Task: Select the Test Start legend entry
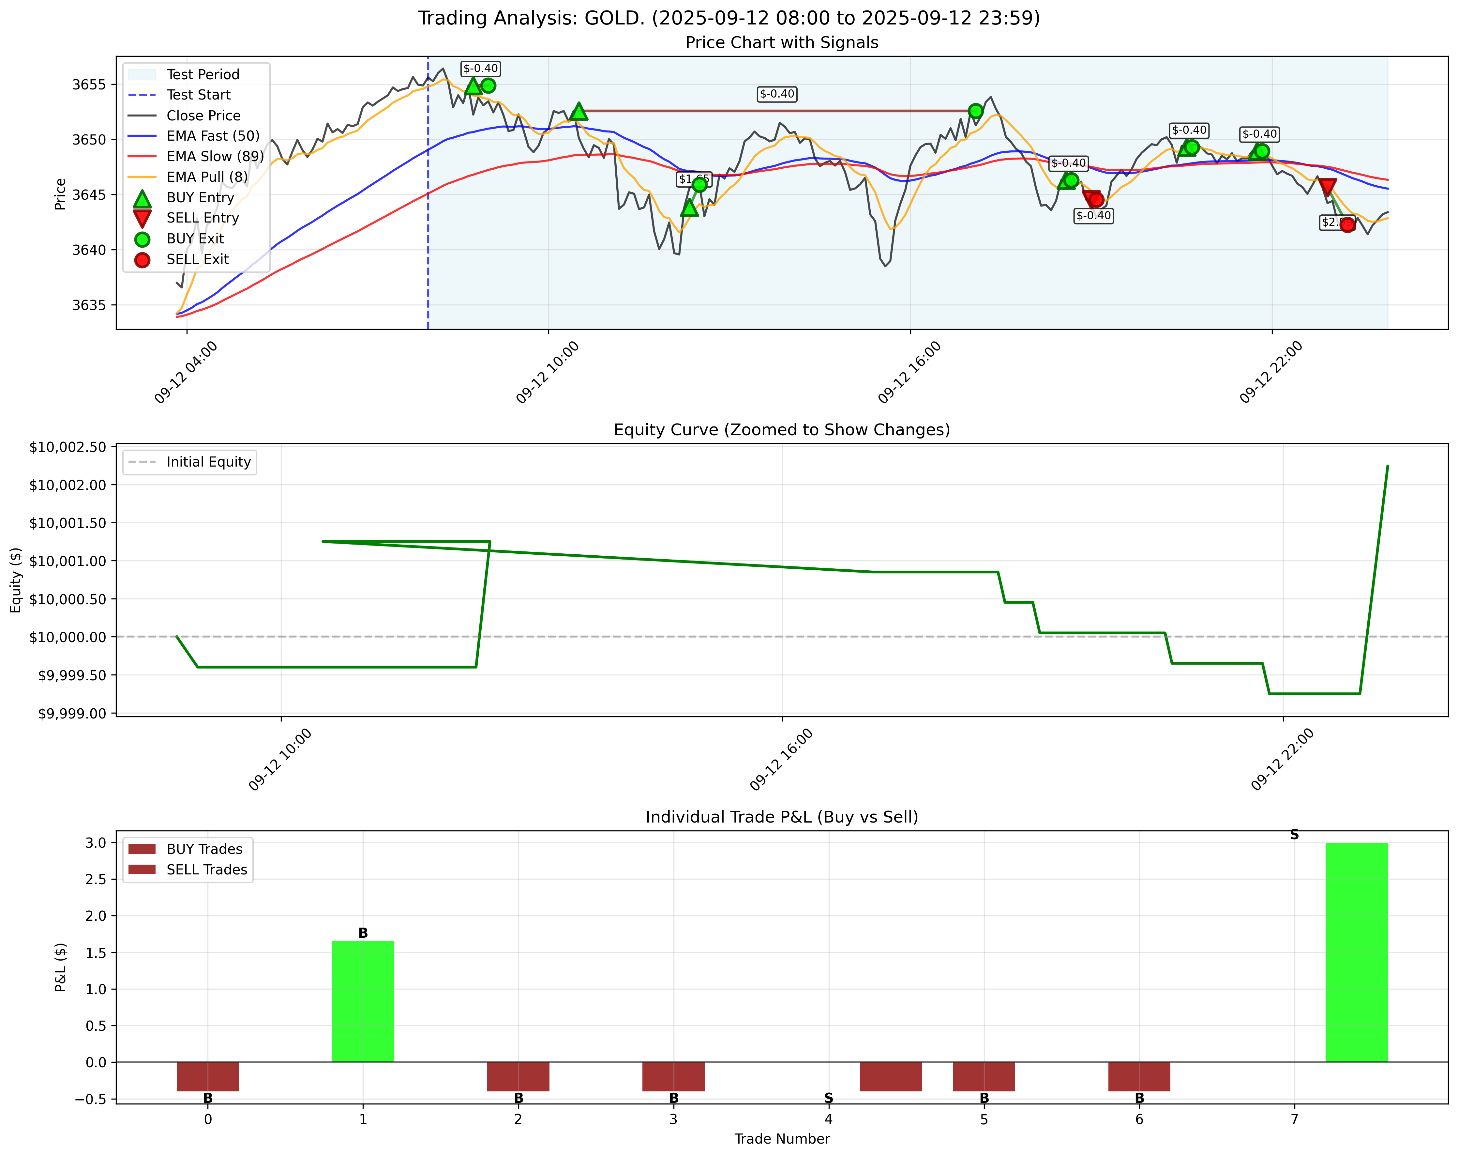[198, 95]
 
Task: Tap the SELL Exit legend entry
[198, 259]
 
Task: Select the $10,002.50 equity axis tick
[68, 447]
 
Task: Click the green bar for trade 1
[363, 1001]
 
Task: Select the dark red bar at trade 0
[208, 1076]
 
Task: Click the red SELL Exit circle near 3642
[1347, 224]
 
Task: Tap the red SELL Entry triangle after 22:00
[1327, 187]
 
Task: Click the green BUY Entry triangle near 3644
[689, 208]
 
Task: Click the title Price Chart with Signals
[782, 43]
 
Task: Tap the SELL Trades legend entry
[206, 870]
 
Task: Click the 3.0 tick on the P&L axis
[97, 843]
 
